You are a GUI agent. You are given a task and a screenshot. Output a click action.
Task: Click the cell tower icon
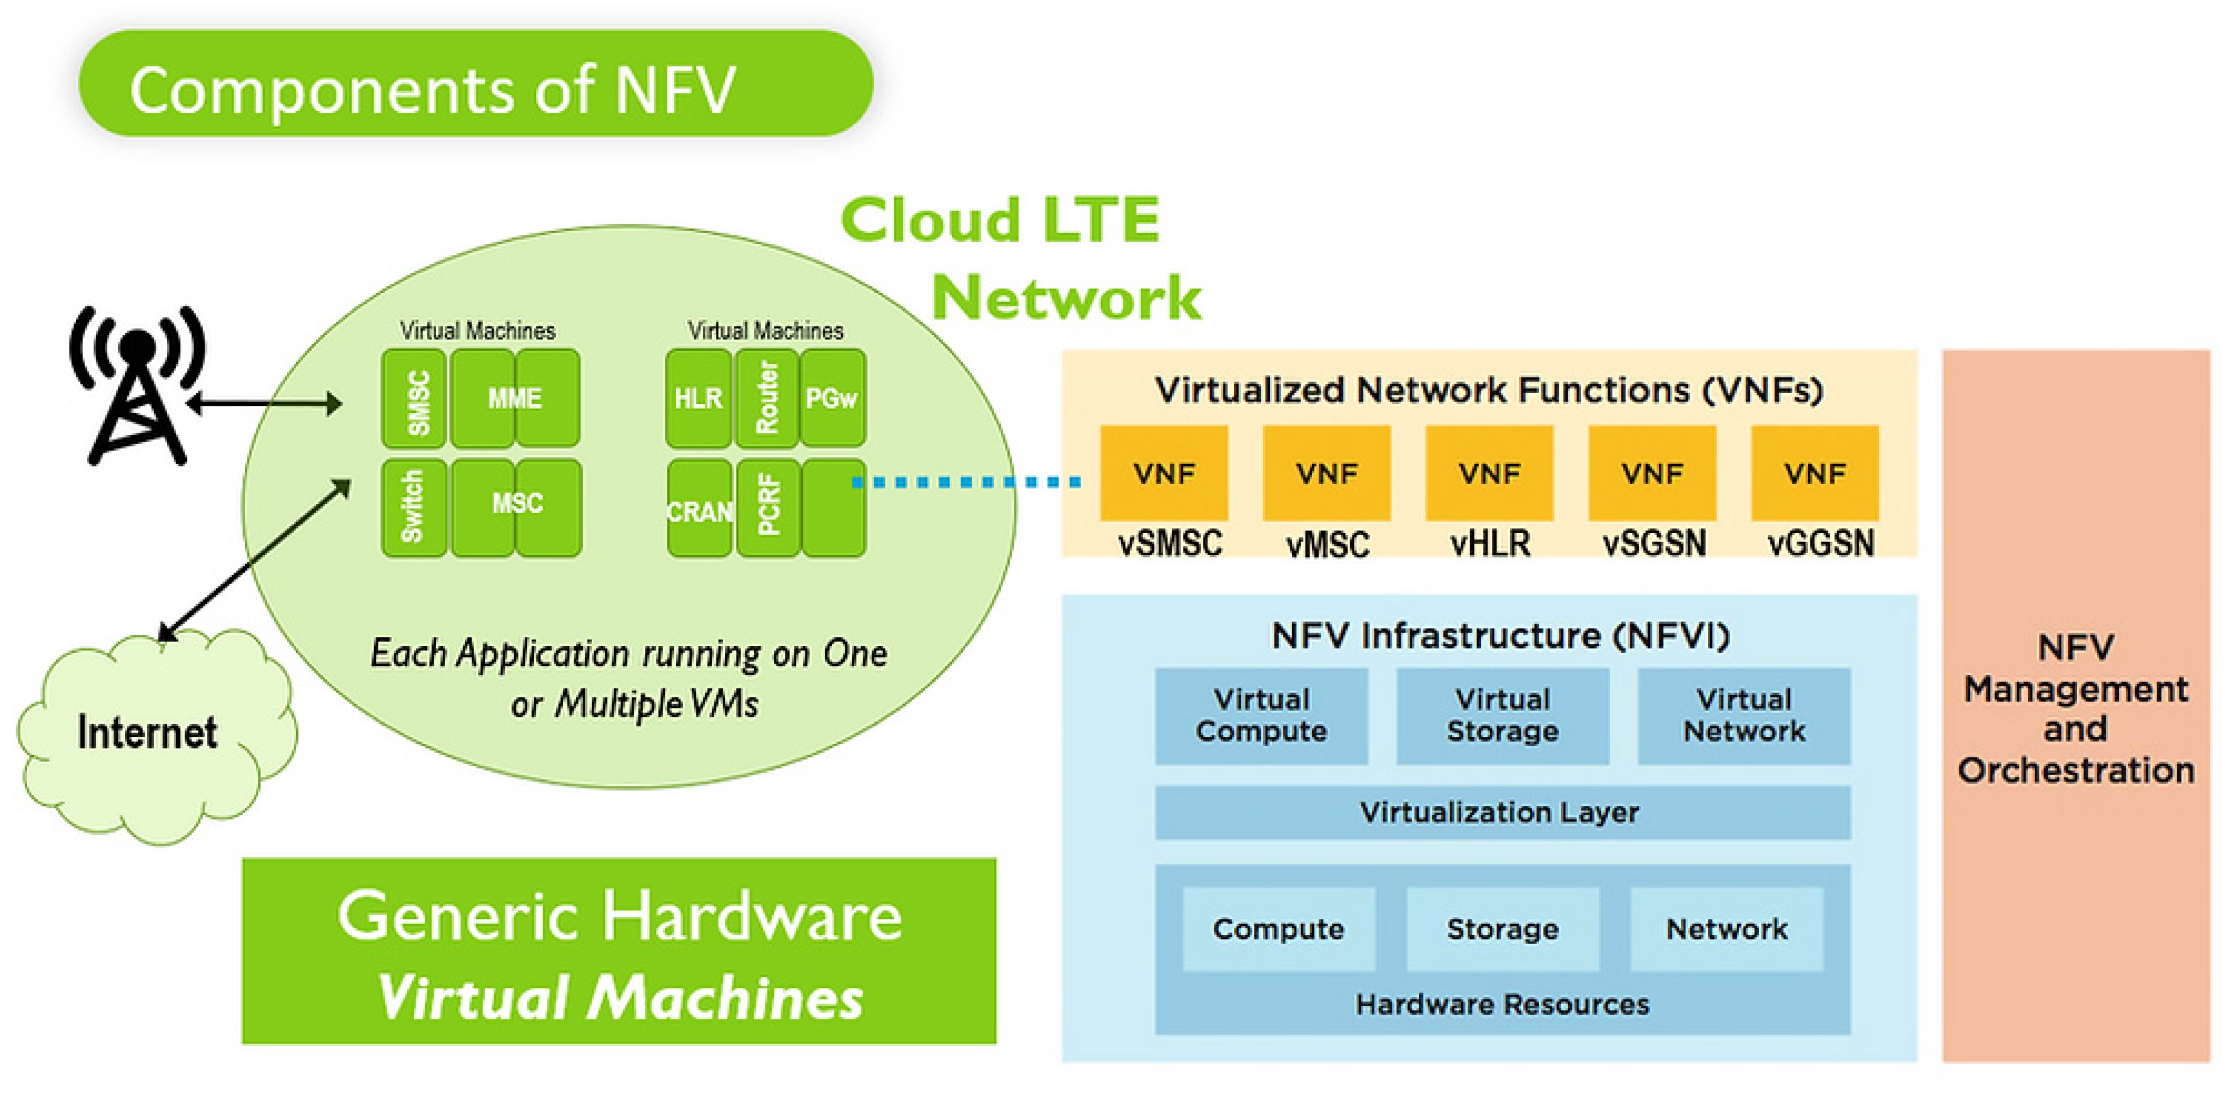point(137,386)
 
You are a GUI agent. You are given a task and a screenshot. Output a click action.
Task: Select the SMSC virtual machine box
point(414,399)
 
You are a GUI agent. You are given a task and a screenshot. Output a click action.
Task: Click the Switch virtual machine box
point(414,508)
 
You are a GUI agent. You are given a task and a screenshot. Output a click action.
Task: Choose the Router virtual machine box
point(767,399)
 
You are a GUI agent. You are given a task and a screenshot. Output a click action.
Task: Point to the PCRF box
point(768,508)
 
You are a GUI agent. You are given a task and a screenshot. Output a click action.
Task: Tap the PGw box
point(832,399)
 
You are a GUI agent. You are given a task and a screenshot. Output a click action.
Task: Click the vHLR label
point(1490,544)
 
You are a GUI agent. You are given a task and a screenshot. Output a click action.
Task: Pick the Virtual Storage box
point(1502,715)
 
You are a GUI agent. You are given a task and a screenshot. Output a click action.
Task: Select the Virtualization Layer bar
point(1502,813)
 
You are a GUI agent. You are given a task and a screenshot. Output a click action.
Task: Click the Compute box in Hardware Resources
point(1278,929)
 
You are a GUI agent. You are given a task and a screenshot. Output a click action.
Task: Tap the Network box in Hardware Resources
point(1726,929)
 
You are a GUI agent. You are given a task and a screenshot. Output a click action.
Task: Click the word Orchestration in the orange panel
point(2075,770)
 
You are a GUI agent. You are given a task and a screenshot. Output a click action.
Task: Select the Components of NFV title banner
point(475,84)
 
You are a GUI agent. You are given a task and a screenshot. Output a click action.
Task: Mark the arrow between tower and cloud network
point(265,403)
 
